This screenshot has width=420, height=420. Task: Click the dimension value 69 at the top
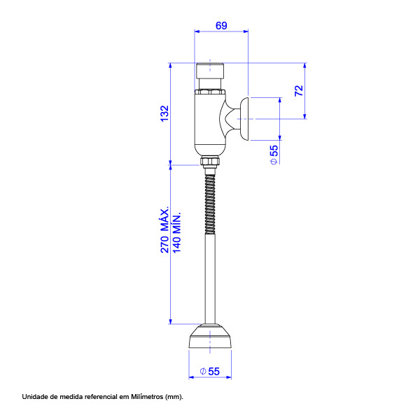tap(221, 26)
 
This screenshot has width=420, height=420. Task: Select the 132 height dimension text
tap(164, 113)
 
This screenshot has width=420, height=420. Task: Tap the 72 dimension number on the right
tap(299, 90)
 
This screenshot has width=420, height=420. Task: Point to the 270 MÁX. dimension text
tap(164, 230)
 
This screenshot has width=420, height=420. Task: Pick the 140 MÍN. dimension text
tap(177, 232)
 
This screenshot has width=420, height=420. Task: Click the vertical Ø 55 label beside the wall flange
tap(274, 155)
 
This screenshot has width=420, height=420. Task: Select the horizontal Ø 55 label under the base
tap(210, 372)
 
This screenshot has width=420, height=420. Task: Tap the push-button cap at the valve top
tap(210, 71)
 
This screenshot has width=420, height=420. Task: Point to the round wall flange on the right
tap(244, 119)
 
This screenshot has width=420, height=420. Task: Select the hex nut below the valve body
tap(210, 161)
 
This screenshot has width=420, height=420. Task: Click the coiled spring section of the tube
tap(210, 204)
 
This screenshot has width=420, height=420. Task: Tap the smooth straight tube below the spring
tap(210, 279)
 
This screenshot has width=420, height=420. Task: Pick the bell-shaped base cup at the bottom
tap(210, 336)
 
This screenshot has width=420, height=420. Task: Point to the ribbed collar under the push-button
tap(210, 92)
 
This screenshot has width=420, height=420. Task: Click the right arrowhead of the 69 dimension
tap(246, 31)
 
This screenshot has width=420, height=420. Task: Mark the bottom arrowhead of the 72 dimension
tap(304, 116)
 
